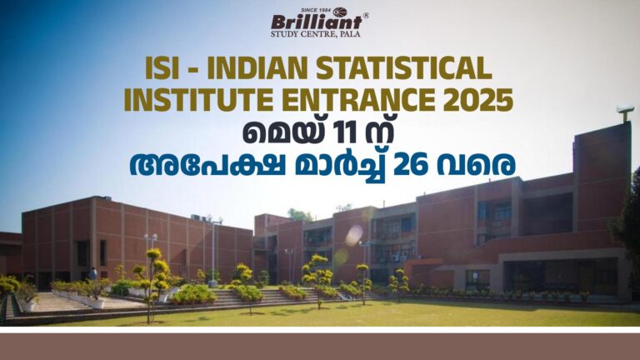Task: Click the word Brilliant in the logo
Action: tap(317, 22)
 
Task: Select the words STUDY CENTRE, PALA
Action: tap(316, 34)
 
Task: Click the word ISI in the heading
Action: tap(162, 67)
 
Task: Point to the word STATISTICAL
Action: tap(404, 67)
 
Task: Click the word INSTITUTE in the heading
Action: tap(198, 100)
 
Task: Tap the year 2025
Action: tap(478, 100)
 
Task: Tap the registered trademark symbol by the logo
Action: tap(366, 16)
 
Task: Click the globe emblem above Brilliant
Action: tap(340, 12)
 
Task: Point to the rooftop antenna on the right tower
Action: tap(625, 114)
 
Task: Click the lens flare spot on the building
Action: tap(354, 236)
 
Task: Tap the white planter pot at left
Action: tap(27, 306)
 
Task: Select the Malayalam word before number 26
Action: tap(340, 167)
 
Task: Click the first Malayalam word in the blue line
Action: tap(207, 165)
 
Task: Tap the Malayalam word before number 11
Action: tap(281, 132)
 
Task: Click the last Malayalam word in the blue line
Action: tap(476, 165)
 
